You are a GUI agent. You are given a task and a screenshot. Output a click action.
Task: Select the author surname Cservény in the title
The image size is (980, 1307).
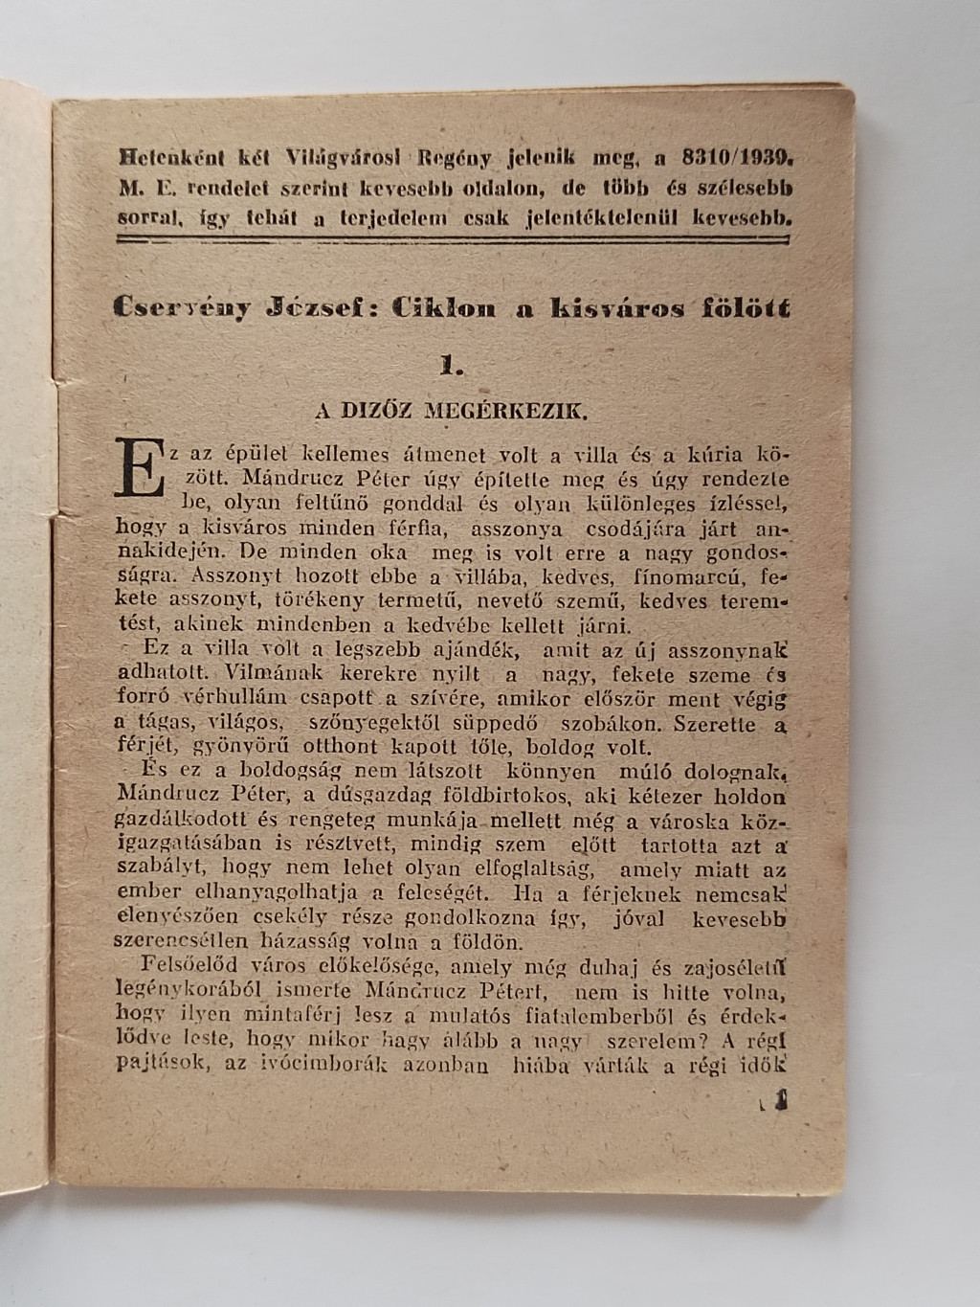tap(182, 307)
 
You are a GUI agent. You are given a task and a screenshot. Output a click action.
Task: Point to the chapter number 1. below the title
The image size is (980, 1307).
tap(451, 364)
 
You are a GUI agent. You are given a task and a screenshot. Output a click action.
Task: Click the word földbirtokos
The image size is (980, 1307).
tap(509, 796)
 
